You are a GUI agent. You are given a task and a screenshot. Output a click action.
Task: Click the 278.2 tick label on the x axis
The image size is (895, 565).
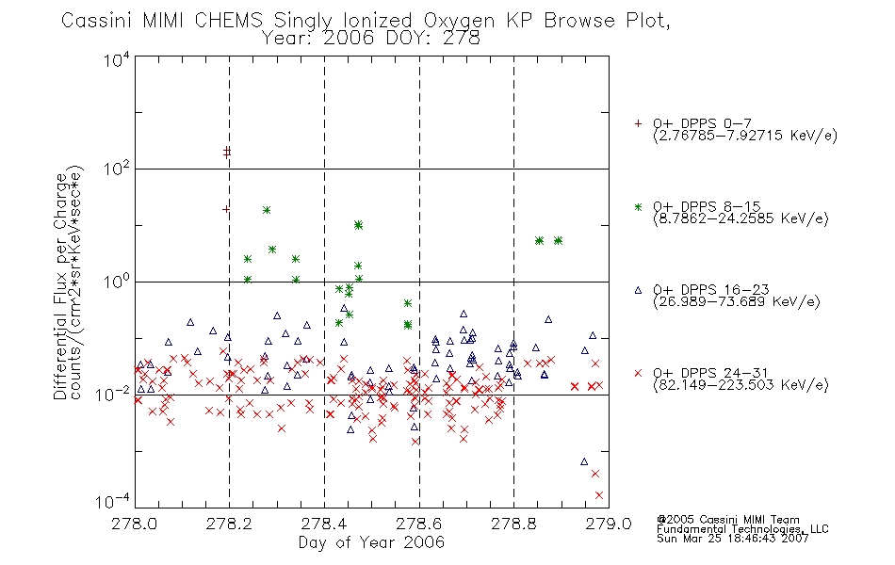pos(229,524)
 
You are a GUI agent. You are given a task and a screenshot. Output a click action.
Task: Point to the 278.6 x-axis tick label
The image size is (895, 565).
pos(419,524)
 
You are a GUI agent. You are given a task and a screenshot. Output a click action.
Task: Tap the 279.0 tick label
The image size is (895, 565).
pos(609,524)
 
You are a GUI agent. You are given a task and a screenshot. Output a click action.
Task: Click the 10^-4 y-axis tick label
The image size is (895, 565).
pos(113,501)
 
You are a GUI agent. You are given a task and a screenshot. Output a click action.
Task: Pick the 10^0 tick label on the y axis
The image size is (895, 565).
pos(118,282)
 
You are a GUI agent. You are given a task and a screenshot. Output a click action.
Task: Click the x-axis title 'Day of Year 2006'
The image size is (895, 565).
pos(371,542)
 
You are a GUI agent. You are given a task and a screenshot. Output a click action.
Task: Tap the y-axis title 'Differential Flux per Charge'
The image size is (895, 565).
pos(60,286)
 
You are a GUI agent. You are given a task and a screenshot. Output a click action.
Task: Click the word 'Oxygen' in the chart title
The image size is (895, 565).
pos(460,21)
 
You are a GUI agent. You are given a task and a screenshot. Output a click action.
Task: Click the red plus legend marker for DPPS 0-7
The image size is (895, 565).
pos(638,122)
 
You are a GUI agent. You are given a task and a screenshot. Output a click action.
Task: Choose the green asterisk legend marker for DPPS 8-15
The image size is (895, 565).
pos(638,207)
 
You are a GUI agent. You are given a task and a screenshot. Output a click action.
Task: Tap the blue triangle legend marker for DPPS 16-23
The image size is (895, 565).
pos(638,290)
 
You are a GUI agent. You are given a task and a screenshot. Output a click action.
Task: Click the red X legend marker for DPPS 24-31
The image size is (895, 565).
pos(638,373)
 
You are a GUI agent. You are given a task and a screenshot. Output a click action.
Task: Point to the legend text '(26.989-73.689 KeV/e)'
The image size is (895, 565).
pos(737,302)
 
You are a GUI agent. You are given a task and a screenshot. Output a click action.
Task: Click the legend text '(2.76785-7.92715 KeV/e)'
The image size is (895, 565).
pos(745,136)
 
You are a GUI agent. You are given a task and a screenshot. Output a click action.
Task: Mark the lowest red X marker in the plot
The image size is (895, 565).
pos(599,495)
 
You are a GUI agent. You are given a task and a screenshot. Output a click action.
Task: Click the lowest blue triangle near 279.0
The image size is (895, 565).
pos(584,461)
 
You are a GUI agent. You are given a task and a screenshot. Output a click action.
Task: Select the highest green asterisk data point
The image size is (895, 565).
pos(266,210)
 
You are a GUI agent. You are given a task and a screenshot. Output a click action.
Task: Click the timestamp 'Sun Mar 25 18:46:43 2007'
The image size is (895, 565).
pos(733,539)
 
